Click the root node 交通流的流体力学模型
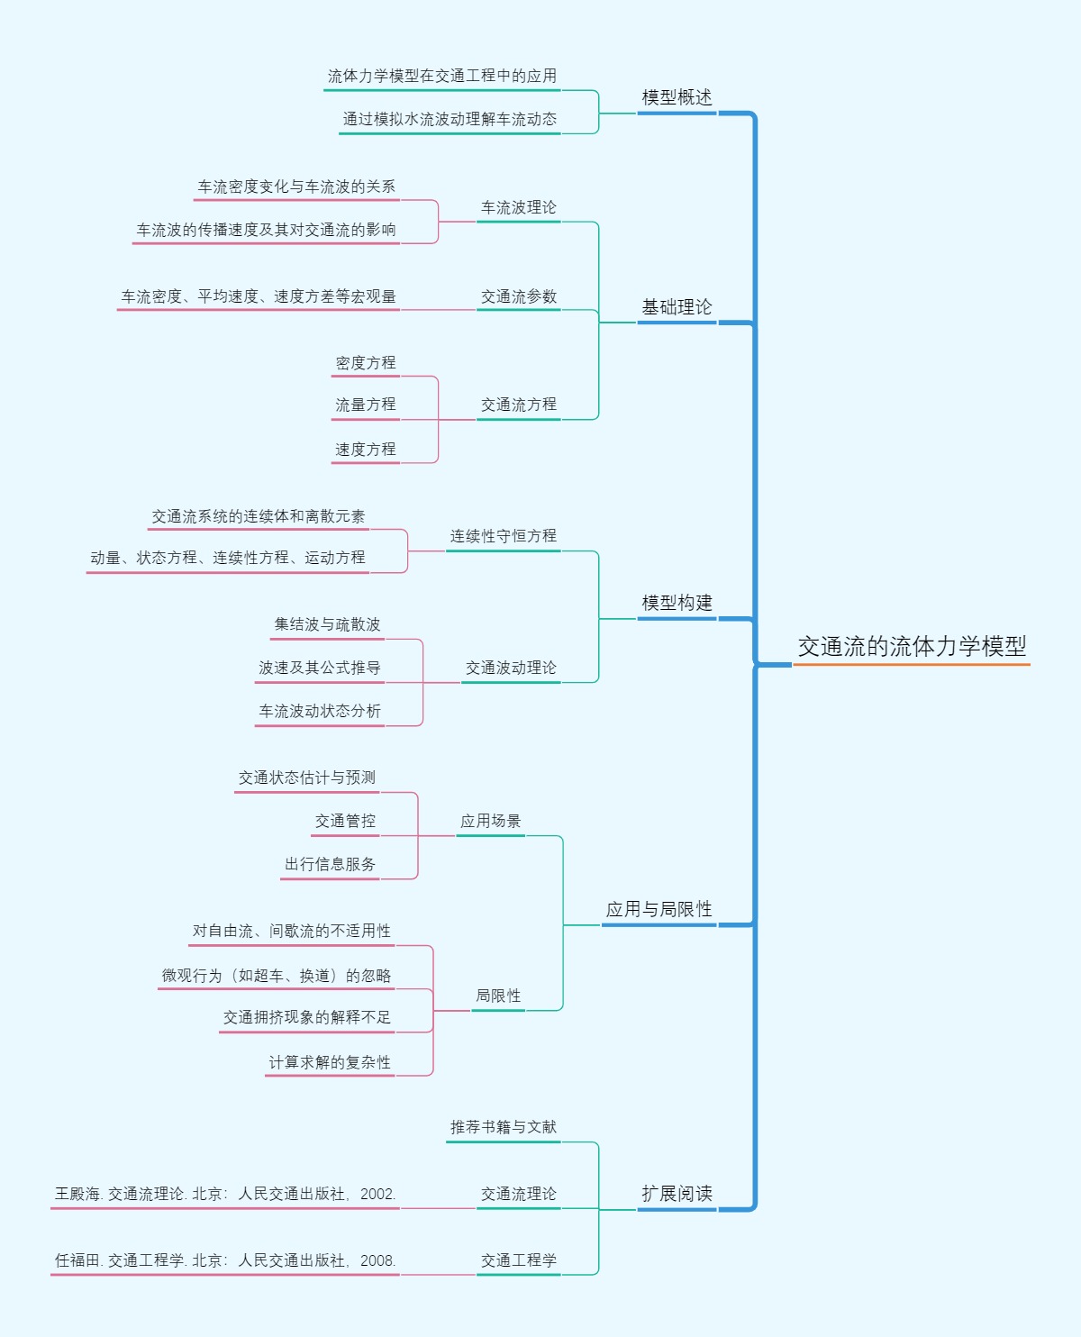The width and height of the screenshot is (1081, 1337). click(x=912, y=646)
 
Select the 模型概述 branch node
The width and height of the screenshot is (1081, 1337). click(x=677, y=97)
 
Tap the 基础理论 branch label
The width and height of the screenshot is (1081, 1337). click(x=677, y=307)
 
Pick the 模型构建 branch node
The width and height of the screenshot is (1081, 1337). click(x=677, y=603)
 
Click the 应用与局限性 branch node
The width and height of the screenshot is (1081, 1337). click(x=659, y=909)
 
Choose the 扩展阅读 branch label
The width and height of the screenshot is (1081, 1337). click(x=677, y=1194)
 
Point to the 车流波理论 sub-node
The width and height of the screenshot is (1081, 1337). click(x=518, y=207)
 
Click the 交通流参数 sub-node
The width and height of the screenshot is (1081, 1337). click(x=518, y=296)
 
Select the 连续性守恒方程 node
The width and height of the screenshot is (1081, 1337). click(x=503, y=536)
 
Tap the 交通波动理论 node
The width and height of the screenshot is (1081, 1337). click(x=511, y=668)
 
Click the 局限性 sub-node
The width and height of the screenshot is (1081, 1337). click(x=498, y=996)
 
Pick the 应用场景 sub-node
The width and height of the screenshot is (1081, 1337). click(x=490, y=821)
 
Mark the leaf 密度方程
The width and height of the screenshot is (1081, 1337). click(x=365, y=363)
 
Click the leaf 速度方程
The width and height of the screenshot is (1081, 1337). click(x=365, y=449)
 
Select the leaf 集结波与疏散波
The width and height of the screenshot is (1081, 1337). click(x=327, y=624)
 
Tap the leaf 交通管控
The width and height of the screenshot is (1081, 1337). click(x=345, y=821)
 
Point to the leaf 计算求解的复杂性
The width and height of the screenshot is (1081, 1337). click(x=330, y=1062)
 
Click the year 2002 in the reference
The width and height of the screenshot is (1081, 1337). click(x=377, y=1194)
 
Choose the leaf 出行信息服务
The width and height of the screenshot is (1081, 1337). click(x=330, y=864)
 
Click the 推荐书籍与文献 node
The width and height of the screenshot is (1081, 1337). click(x=503, y=1127)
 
